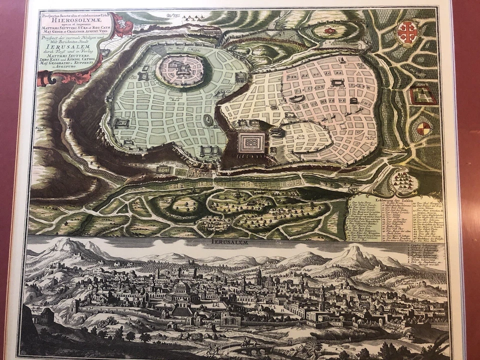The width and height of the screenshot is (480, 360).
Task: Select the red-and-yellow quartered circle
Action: [x=422, y=128]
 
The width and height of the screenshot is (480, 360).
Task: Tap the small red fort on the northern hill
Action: [x=329, y=30]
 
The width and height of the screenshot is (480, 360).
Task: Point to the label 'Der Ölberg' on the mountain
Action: [x=60, y=250]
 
